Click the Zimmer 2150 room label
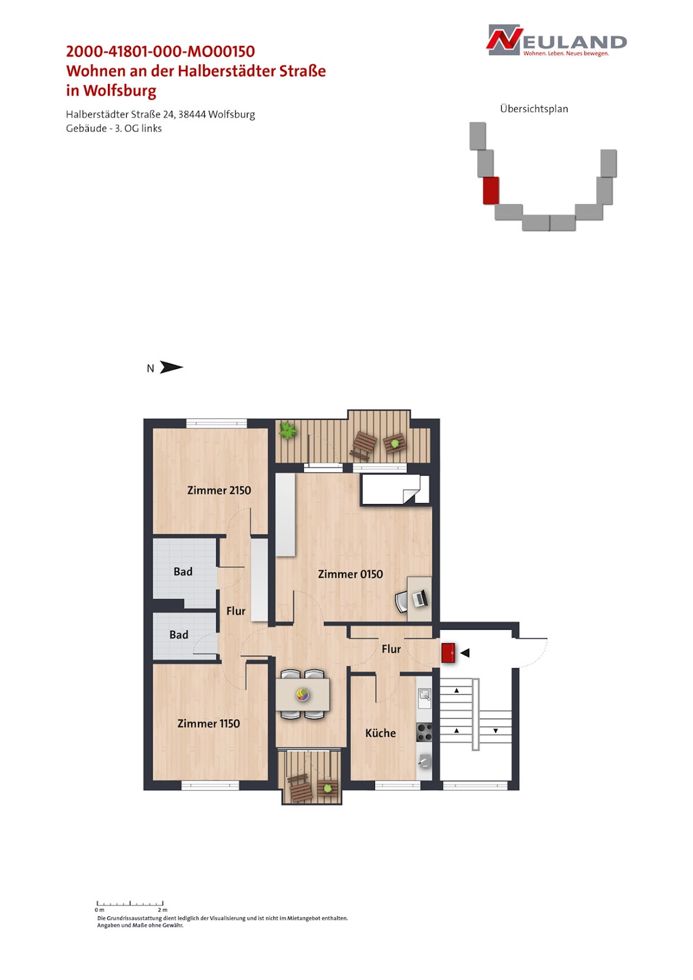(219, 490)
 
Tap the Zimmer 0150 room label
(350, 574)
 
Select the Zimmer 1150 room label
(208, 723)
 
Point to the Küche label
(381, 733)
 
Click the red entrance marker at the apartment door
(448, 652)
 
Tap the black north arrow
(171, 367)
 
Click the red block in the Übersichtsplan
(491, 190)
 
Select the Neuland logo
(556, 40)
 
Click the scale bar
(130, 903)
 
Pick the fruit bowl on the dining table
(303, 694)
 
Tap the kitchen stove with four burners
(424, 732)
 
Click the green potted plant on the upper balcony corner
(288, 431)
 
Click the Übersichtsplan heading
(534, 108)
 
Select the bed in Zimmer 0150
(395, 489)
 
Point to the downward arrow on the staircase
(496, 731)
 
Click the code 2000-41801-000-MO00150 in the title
(160, 51)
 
